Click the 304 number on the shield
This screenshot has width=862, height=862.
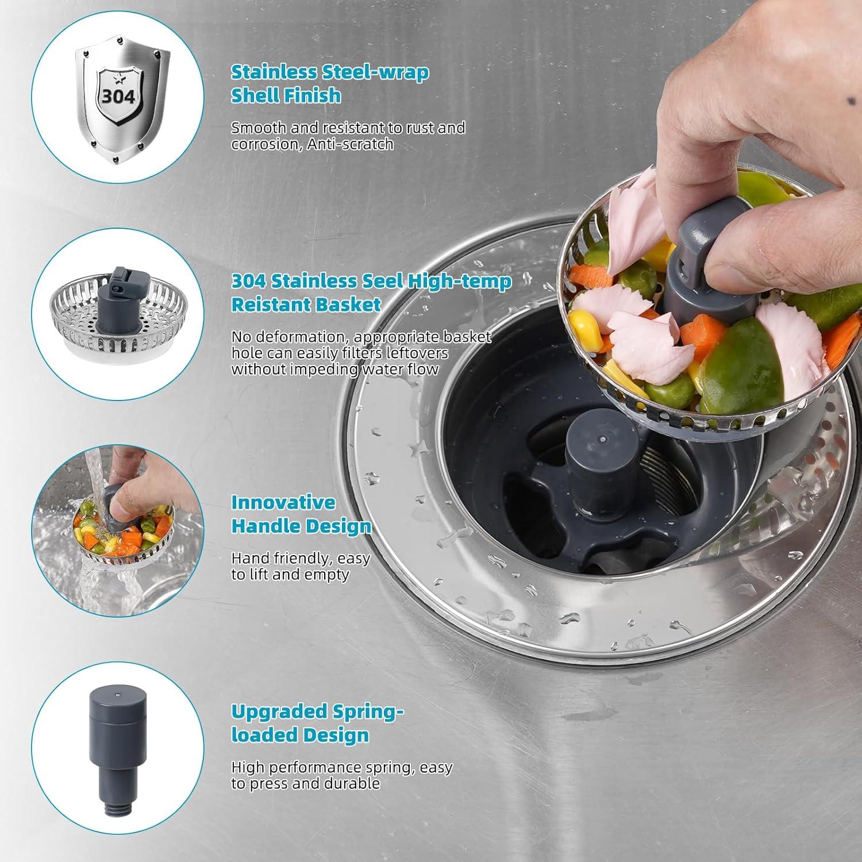click(x=118, y=96)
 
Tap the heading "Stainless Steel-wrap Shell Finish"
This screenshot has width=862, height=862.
click(x=329, y=84)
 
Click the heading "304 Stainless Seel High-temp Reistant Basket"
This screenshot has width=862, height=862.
click(x=371, y=293)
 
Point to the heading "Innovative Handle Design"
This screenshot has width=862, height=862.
click(x=301, y=514)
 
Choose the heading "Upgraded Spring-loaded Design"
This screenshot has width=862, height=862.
click(x=317, y=723)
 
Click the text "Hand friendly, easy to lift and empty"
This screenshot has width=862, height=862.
click(x=301, y=566)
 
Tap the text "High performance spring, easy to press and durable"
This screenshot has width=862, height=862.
click(x=341, y=775)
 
